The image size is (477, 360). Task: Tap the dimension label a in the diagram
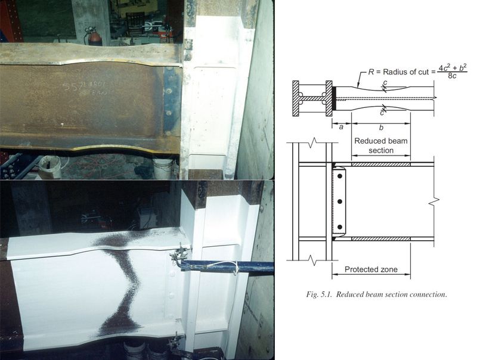(340, 127)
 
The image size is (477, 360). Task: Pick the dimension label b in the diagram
(380, 127)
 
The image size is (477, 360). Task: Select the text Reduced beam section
(379, 146)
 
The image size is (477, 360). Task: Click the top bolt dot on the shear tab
(339, 177)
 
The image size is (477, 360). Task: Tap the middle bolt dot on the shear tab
(339, 201)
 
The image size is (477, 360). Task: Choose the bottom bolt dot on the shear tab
(339, 226)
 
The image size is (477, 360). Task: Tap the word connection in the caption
(426, 294)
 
